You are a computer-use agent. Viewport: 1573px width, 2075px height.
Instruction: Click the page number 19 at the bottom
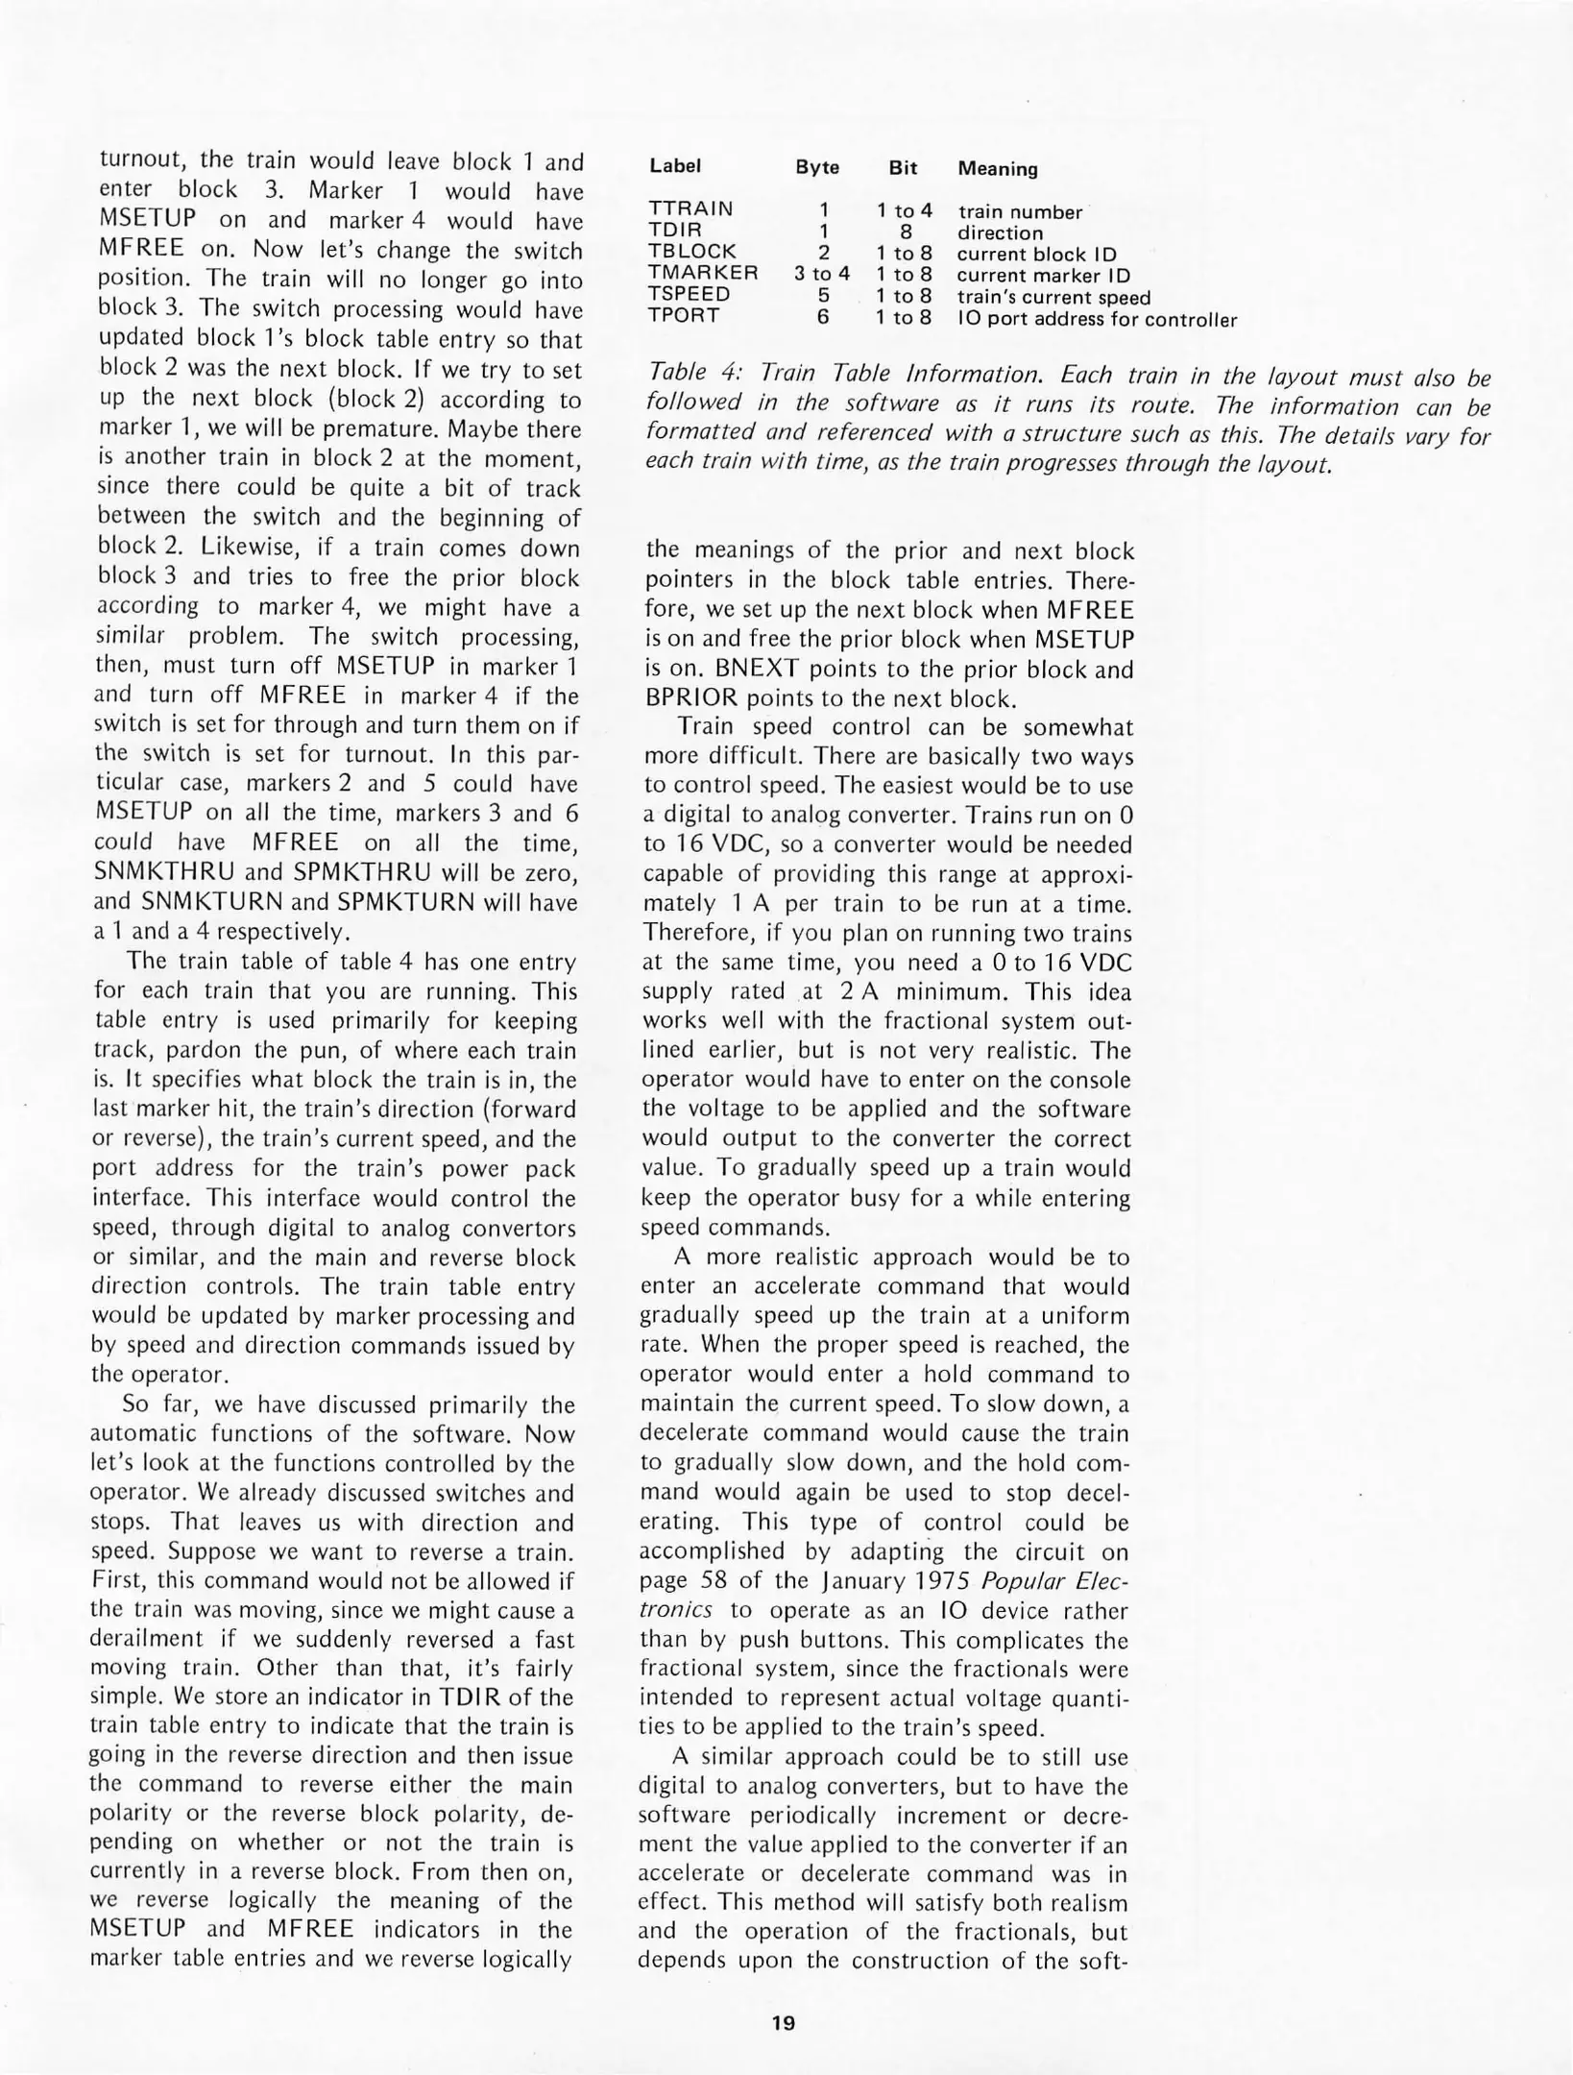pyautogui.click(x=783, y=2022)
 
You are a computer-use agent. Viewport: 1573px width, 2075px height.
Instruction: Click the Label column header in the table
pyautogui.click(x=674, y=165)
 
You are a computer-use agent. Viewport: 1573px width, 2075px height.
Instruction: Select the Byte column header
pyautogui.click(x=817, y=167)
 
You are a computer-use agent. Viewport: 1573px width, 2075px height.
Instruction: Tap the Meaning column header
pyautogui.click(x=997, y=169)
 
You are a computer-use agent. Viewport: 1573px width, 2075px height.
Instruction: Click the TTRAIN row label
pyautogui.click(x=690, y=208)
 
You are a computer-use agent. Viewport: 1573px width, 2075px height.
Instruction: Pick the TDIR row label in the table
pyautogui.click(x=674, y=230)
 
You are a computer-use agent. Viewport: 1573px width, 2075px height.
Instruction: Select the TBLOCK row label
pyautogui.click(x=692, y=252)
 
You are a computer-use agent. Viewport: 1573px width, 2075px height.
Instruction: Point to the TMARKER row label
pyautogui.click(x=703, y=273)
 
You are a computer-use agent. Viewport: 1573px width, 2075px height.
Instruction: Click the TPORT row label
pyautogui.click(x=683, y=316)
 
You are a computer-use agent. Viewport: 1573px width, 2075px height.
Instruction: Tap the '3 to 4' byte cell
pyautogui.click(x=821, y=274)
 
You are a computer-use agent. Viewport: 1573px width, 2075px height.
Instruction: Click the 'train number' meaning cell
pyautogui.click(x=1020, y=212)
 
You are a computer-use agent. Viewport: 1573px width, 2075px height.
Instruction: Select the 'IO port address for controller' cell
pyautogui.click(x=1097, y=320)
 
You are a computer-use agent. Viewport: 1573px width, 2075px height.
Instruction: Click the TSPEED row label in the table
pyautogui.click(x=689, y=294)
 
